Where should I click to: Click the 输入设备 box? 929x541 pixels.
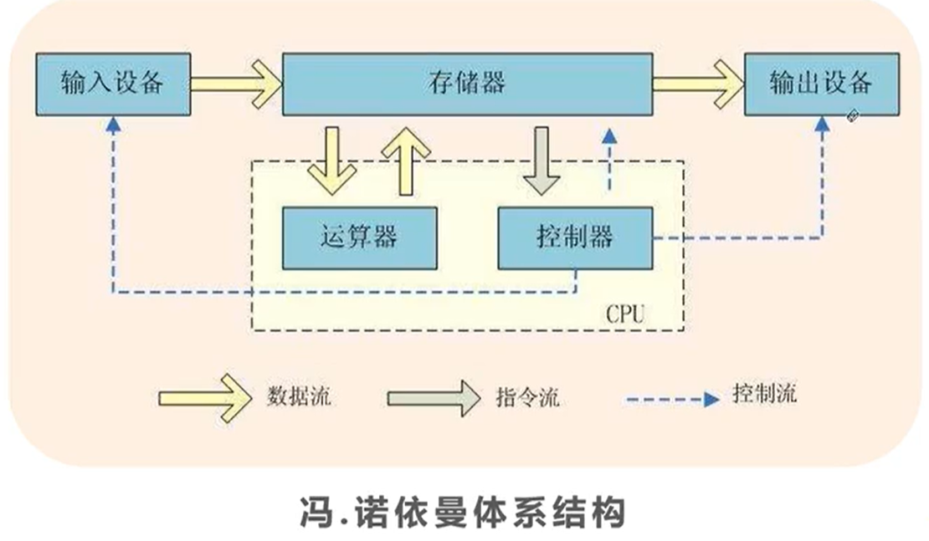pyautogui.click(x=112, y=84)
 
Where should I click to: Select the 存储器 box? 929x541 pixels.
pyautogui.click(x=468, y=84)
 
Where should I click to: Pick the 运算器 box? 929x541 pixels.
pyautogui.click(x=359, y=238)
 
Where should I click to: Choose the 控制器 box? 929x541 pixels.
pyautogui.click(x=574, y=238)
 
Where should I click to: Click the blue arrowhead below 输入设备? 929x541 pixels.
pyautogui.click(x=112, y=124)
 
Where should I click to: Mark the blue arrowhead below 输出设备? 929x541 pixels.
pyautogui.click(x=823, y=124)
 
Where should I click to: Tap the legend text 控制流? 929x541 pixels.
pyautogui.click(x=763, y=393)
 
